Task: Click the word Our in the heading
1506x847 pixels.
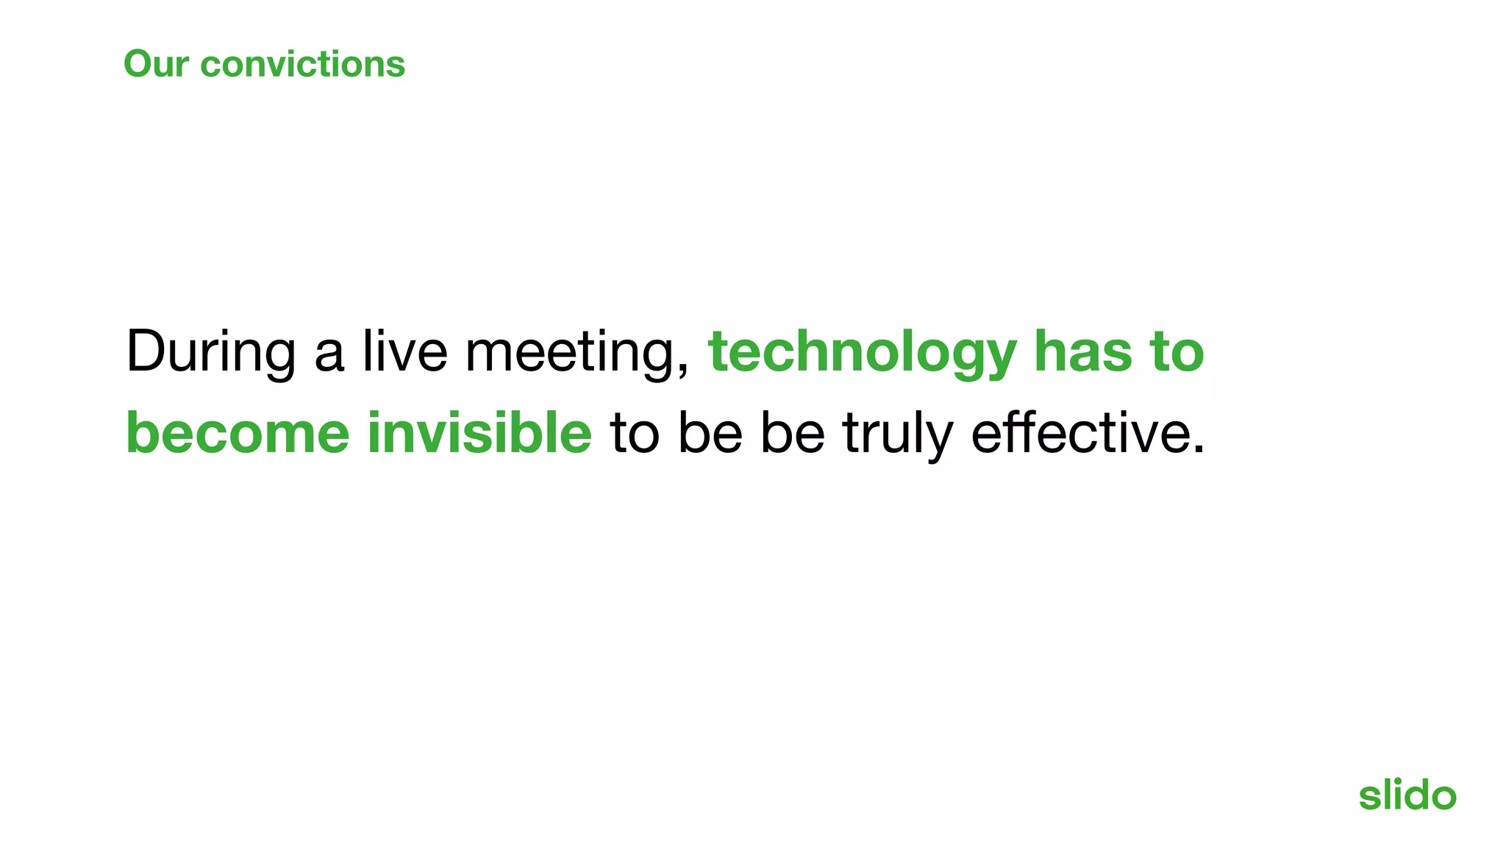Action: tap(156, 64)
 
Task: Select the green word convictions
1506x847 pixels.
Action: tap(302, 64)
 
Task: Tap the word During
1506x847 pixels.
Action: tap(211, 352)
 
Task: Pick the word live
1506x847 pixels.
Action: tap(404, 351)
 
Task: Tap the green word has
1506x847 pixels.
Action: tap(1083, 351)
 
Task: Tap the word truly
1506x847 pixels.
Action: tap(898, 434)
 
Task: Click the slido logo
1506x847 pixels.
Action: tap(1407, 795)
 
